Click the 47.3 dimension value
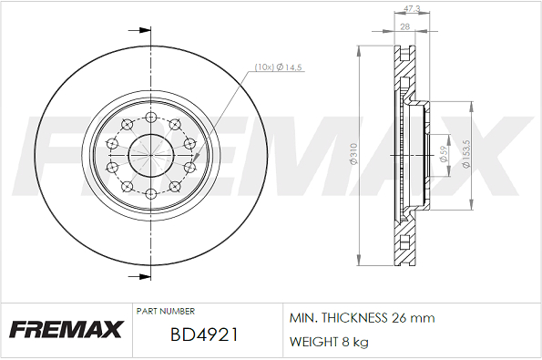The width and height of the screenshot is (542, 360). (412, 8)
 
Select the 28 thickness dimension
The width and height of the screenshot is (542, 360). (404, 26)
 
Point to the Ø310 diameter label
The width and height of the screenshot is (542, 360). (353, 154)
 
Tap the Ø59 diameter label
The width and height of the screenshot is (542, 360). (444, 154)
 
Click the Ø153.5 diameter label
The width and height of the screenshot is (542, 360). (466, 154)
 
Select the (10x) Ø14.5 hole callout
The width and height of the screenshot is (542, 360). (278, 67)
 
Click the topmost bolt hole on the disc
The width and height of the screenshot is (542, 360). (150, 117)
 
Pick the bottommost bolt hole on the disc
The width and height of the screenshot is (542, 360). (150, 193)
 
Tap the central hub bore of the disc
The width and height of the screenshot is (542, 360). (150, 155)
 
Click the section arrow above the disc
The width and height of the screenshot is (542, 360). (139, 30)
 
